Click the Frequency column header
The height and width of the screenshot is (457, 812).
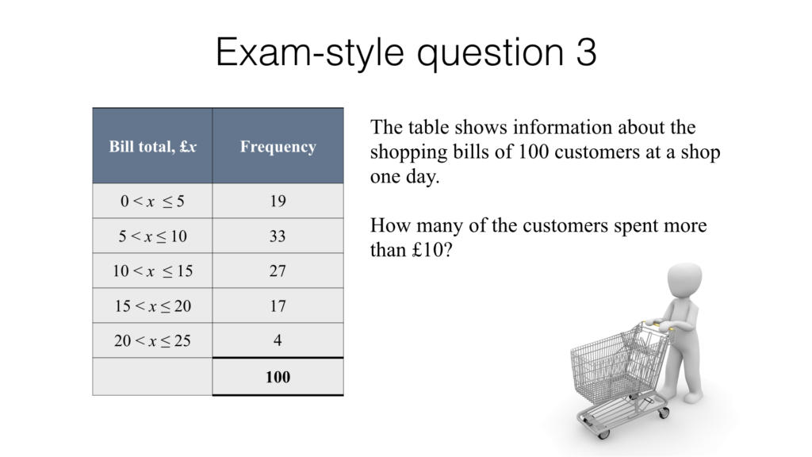pos(278,147)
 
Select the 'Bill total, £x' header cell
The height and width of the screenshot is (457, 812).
pos(152,147)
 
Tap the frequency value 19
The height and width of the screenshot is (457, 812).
pos(278,202)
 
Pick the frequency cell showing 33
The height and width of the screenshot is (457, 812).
pos(278,236)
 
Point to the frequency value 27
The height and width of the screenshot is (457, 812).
pos(278,271)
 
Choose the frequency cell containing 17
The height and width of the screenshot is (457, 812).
pos(278,306)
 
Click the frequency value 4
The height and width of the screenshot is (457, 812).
pos(278,341)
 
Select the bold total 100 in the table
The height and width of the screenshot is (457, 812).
pos(278,377)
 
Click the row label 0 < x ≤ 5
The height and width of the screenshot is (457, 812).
pos(152,202)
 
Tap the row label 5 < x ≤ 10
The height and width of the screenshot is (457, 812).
pos(152,236)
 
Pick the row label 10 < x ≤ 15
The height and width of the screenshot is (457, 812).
pos(152,271)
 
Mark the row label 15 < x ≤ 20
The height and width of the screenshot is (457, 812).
pos(152,306)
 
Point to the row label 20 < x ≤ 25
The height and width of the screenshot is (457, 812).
pos(152,341)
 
